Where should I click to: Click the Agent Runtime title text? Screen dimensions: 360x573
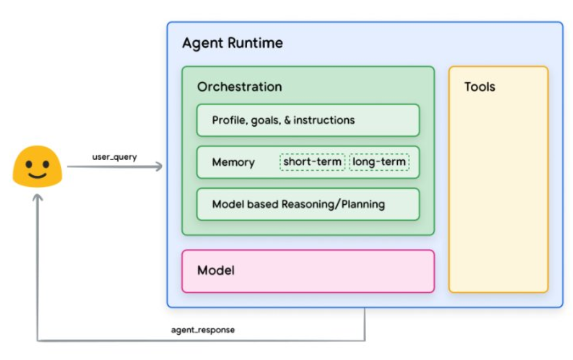pyautogui.click(x=232, y=43)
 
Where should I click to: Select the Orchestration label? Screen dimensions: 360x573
pyautogui.click(x=239, y=87)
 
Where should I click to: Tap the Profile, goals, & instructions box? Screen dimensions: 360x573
pyautogui.click(x=307, y=120)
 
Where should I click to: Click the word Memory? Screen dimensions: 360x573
pyautogui.click(x=233, y=162)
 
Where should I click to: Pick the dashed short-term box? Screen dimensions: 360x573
pyautogui.click(x=312, y=162)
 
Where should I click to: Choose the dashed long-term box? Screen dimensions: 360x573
pyautogui.click(x=379, y=162)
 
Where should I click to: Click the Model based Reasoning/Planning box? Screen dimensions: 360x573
pyautogui.click(x=307, y=204)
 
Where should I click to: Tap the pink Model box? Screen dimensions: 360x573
pyautogui.click(x=307, y=271)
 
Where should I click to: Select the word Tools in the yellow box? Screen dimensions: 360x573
pyautogui.click(x=479, y=87)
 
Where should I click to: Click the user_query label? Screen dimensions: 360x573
pyautogui.click(x=114, y=157)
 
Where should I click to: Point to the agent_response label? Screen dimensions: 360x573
pyautogui.click(x=203, y=329)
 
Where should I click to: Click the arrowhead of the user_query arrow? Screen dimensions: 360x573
pyautogui.click(x=159, y=167)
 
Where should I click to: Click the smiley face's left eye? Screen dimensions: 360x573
pyautogui.click(x=30, y=162)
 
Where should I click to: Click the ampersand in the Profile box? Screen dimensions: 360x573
pyautogui.click(x=287, y=120)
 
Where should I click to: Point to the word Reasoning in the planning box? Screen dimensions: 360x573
pyautogui.click(x=307, y=204)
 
